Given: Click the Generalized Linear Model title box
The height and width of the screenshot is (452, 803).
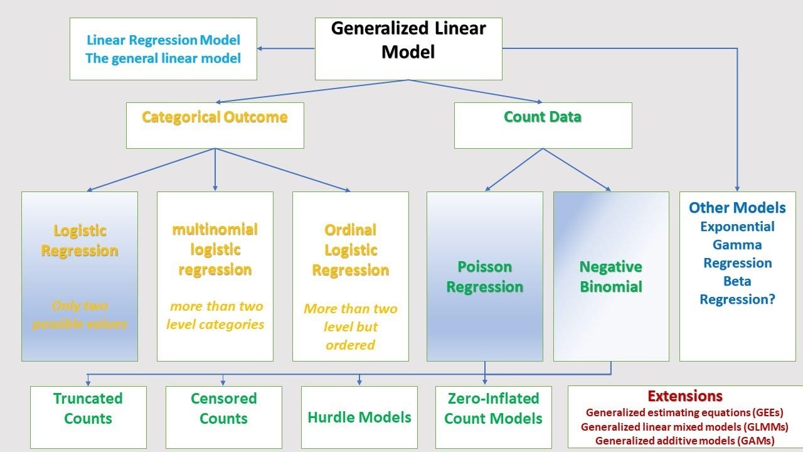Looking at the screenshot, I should click(x=408, y=48).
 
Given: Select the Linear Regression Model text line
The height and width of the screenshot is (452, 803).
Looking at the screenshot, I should click(x=163, y=41).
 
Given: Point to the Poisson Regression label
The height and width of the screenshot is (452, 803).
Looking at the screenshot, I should click(x=484, y=277).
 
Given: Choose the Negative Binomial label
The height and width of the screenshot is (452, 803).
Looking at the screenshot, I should click(x=610, y=277).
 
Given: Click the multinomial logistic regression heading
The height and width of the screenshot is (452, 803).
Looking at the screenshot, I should click(x=215, y=249).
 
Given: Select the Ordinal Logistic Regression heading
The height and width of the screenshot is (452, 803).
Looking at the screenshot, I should click(x=350, y=250).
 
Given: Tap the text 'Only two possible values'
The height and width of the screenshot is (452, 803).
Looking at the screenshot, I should click(x=80, y=315).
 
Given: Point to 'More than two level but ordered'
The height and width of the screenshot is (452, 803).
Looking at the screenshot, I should click(x=350, y=326).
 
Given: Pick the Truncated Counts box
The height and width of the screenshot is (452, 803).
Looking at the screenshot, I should click(x=88, y=409).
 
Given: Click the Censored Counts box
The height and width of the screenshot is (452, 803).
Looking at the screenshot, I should click(x=223, y=409).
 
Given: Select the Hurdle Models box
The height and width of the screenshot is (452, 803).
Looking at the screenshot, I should click(x=359, y=417).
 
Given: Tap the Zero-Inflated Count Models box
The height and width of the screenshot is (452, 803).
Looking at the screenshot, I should click(x=493, y=409).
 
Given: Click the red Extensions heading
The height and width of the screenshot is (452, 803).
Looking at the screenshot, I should click(x=684, y=396).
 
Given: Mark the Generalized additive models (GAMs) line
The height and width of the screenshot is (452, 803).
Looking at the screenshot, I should click(x=684, y=441).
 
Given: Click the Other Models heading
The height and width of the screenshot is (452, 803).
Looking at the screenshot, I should click(x=737, y=208).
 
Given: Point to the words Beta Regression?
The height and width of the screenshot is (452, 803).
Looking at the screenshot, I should click(x=737, y=290).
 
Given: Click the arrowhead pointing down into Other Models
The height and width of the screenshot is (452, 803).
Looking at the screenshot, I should click(x=737, y=188).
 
